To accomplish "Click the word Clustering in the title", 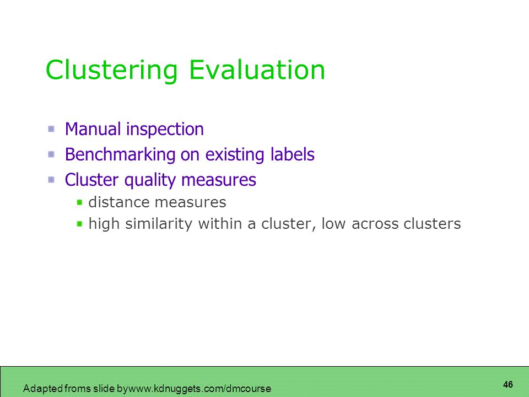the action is pyautogui.click(x=112, y=71).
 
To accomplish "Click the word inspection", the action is pyautogui.click(x=165, y=130).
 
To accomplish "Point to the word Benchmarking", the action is pyautogui.click(x=120, y=155).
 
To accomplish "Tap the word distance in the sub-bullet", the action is pyautogui.click(x=119, y=202).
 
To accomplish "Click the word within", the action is pyautogui.click(x=220, y=223).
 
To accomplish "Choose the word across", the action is pyautogui.click(x=375, y=225).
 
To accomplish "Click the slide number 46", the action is pyautogui.click(x=508, y=384).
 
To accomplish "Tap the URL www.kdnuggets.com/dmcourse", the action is pyautogui.click(x=199, y=389).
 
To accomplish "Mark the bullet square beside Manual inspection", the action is pyautogui.click(x=51, y=129).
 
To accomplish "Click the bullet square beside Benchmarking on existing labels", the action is pyautogui.click(x=51, y=154).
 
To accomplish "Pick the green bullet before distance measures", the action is pyautogui.click(x=79, y=202).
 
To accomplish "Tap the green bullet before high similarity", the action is pyautogui.click(x=79, y=223).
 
